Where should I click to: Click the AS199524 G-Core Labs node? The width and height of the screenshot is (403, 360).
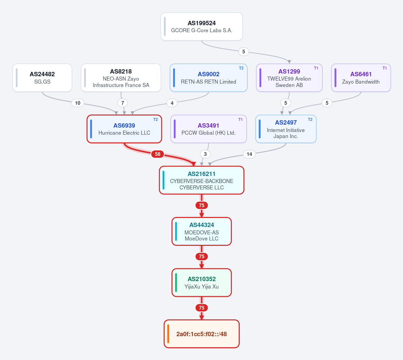coord(202,27)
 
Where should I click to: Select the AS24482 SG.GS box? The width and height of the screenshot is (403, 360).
coord(42,78)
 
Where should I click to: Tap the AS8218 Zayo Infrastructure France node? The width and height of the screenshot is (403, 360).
coord(121,78)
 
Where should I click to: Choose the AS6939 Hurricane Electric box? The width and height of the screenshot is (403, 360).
coord(124,129)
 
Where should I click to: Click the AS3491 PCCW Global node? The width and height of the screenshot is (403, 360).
coord(208,129)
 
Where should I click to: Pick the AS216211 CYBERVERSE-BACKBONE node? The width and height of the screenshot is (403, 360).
coord(202,180)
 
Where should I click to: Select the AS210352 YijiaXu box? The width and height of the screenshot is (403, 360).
coord(202,282)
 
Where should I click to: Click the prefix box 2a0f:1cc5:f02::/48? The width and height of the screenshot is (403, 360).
coord(202,334)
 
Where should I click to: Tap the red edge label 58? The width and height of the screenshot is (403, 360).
coord(158,154)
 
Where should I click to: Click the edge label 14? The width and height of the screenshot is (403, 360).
coord(249,154)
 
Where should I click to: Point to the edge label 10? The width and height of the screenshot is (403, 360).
coord(78,103)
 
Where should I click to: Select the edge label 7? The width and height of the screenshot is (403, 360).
coord(123,103)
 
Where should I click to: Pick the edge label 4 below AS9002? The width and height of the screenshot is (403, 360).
coord(172,103)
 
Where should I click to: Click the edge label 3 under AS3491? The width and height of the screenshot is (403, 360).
coord(205,154)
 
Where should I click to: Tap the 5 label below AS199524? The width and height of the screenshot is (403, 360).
coord(244,52)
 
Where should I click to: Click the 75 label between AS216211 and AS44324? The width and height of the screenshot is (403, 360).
coord(202,206)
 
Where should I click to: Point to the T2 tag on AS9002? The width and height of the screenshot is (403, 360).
coord(241,68)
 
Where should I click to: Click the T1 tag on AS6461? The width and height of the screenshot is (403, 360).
coord(385,68)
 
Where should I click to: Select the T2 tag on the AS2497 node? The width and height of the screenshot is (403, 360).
coord(310,120)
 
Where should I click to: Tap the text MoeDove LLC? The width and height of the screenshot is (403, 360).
coord(202,238)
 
